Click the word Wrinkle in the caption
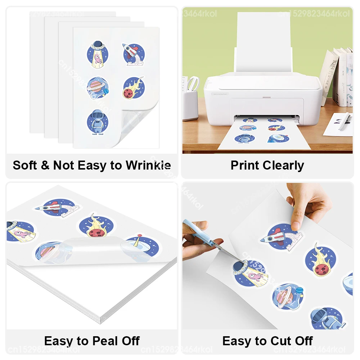tap(148, 166)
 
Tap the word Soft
tap(25, 166)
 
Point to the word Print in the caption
tap(245, 166)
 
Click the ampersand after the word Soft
tap(45, 166)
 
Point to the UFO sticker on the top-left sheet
tap(98, 53)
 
